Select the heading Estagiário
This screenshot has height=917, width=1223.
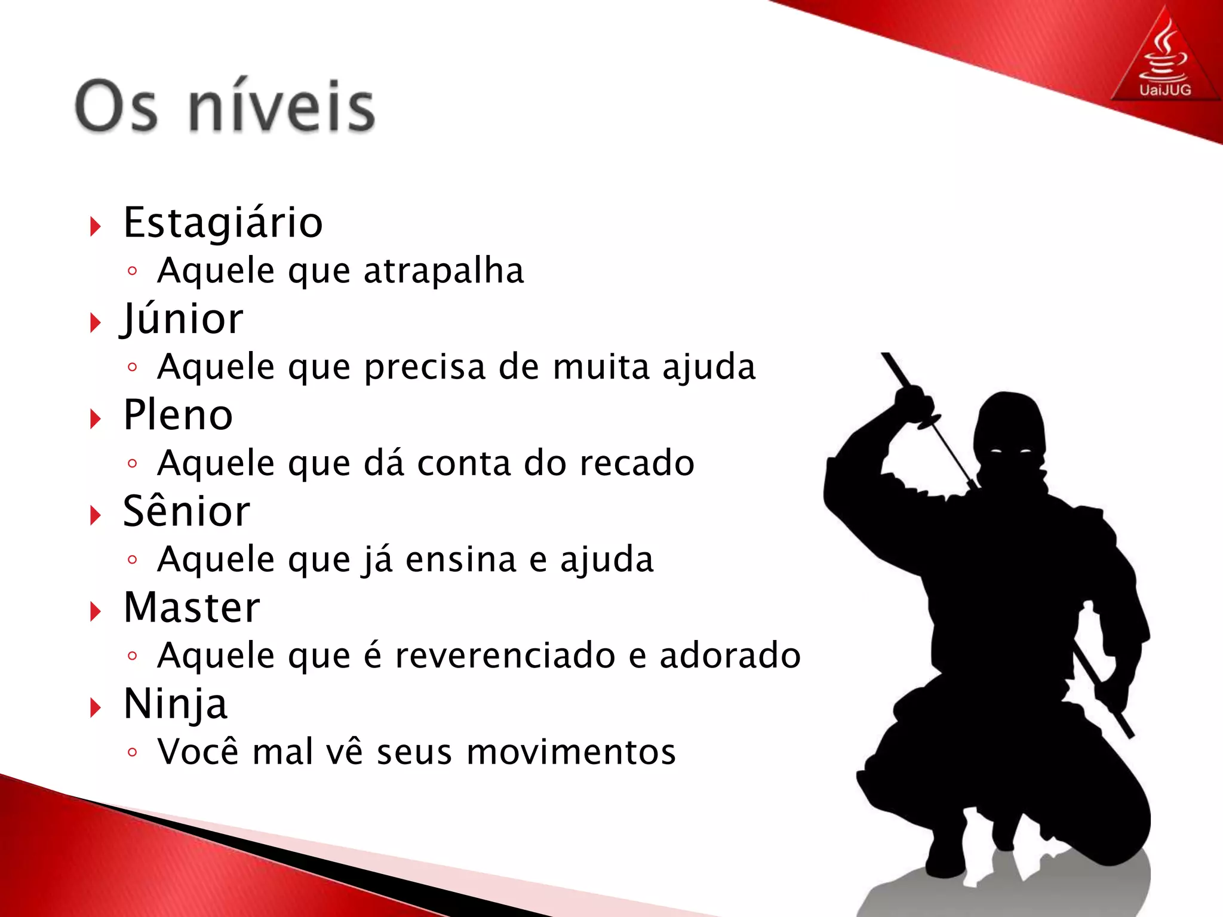point(223,223)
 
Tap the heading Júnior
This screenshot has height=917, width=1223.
point(182,319)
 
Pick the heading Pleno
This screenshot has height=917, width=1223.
point(178,416)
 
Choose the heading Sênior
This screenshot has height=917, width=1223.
point(186,512)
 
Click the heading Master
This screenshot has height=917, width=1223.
point(192,608)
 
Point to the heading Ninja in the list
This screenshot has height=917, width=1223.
point(175,704)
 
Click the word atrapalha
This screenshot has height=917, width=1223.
point(444,271)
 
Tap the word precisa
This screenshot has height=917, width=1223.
point(425,367)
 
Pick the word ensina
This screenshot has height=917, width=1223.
point(461,559)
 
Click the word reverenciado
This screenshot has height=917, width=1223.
point(505,656)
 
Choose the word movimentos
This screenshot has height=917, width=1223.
point(571,752)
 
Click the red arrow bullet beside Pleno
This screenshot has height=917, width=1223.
point(96,419)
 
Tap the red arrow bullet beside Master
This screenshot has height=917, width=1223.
point(96,611)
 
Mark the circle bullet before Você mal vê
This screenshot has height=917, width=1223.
point(133,752)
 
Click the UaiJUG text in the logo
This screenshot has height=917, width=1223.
point(1165,90)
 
